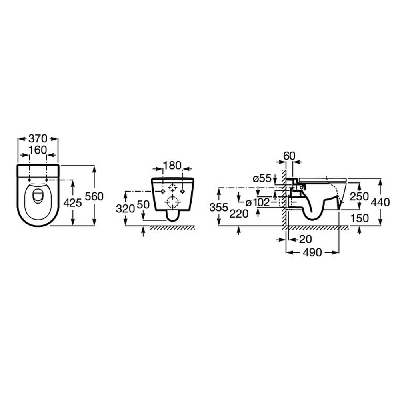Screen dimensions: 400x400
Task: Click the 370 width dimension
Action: [38, 139]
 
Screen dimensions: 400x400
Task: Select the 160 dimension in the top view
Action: [38, 150]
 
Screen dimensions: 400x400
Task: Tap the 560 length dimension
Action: [94, 196]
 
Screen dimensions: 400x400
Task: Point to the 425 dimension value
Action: [73, 203]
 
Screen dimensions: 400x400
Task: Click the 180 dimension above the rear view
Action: [172, 166]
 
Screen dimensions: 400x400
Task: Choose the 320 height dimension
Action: [125, 209]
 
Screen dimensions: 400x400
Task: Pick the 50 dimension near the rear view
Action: [143, 204]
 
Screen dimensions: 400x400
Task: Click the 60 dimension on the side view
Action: [289, 156]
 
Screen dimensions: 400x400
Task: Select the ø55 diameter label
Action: [262, 178]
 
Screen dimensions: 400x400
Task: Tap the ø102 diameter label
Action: [257, 202]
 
